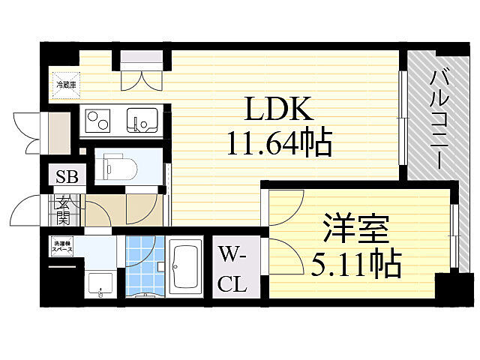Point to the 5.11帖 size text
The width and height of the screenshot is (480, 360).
tap(356, 263)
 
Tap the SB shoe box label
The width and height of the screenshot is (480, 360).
tap(66, 177)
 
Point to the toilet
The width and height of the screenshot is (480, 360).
tap(120, 166)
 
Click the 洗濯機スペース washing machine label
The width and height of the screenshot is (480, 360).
tap(63, 246)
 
